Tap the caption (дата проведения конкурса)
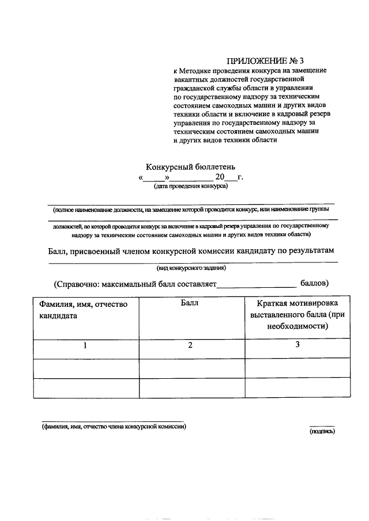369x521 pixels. point(191,186)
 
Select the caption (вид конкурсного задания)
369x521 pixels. point(191,268)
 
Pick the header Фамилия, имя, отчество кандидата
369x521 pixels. point(83,310)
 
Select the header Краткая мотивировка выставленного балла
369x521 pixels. point(298,314)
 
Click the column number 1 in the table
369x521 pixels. point(85,345)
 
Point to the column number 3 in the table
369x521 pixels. point(298,345)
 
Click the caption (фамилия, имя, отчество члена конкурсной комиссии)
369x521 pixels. point(114,427)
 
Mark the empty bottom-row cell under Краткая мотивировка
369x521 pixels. point(298,387)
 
